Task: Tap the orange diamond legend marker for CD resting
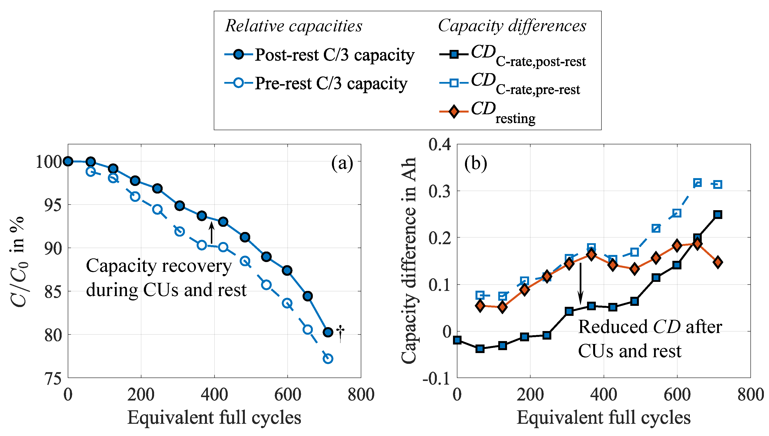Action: [454, 112]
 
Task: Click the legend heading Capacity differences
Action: [512, 26]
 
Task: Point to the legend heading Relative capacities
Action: [293, 26]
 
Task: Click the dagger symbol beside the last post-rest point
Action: [340, 333]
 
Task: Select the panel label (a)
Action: [342, 163]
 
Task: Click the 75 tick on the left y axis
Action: [53, 379]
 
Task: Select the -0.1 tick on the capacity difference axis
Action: [436, 379]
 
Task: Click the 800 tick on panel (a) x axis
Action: [361, 394]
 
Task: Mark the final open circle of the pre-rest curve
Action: [328, 358]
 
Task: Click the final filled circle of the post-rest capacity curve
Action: [328, 332]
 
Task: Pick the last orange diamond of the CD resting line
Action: [718, 262]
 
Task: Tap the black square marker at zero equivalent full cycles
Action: [457, 340]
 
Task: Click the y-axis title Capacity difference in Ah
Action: [409, 261]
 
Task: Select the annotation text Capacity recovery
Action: [159, 266]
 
